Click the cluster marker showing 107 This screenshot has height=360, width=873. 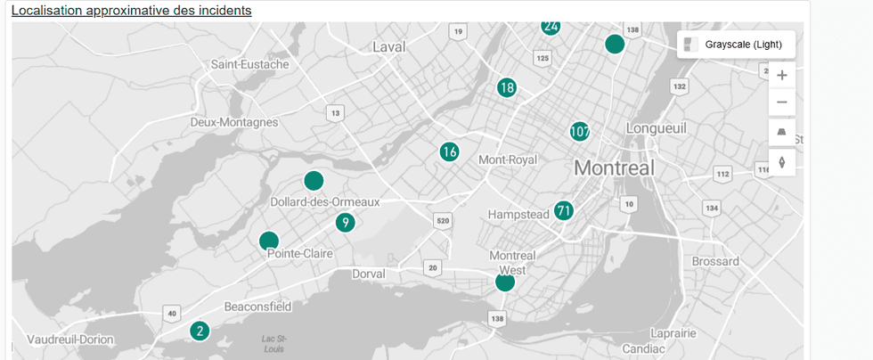click(580, 132)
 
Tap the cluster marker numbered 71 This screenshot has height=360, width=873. click(563, 211)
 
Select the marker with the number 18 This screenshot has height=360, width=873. click(507, 87)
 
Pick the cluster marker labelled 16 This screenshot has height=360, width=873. click(449, 152)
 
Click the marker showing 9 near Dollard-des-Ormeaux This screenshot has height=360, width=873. click(346, 223)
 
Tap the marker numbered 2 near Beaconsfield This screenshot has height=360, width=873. click(200, 331)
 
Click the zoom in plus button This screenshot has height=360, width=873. click(782, 76)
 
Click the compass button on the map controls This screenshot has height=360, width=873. click(782, 162)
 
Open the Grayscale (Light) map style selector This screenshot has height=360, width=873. click(736, 45)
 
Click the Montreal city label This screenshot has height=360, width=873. click(614, 168)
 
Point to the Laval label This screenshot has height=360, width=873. click(389, 46)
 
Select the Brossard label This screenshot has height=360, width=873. click(714, 261)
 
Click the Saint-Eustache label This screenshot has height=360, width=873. click(249, 64)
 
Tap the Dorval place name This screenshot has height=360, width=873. click(368, 274)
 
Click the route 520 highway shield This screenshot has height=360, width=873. click(442, 220)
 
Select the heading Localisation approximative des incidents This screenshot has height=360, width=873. click(131, 11)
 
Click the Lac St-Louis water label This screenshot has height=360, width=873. click(274, 343)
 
